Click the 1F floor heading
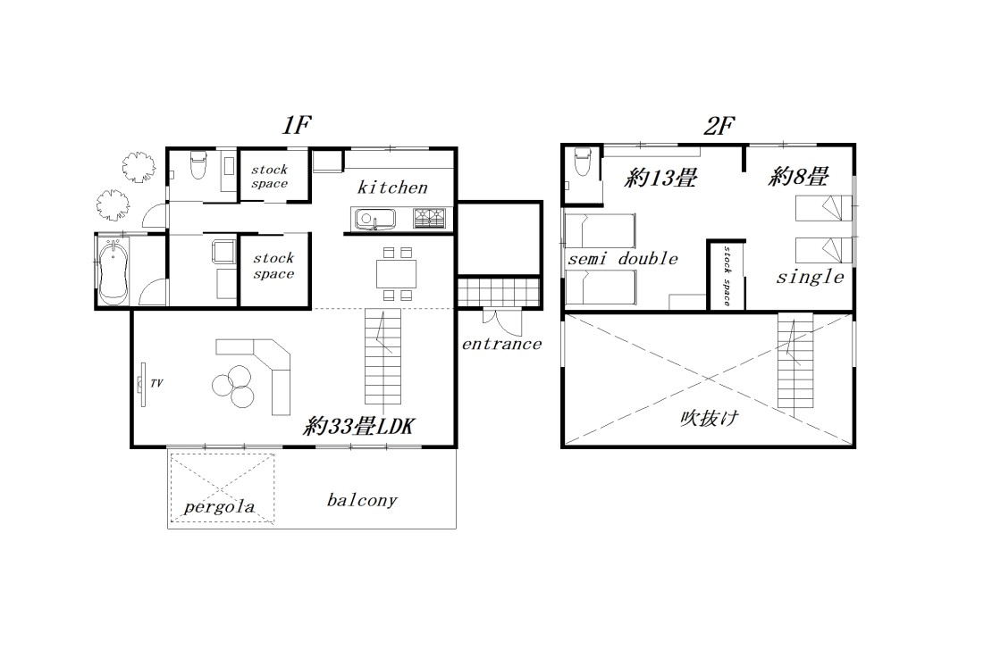pos(297,125)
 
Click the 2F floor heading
pos(719,126)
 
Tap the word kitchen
pos(392,187)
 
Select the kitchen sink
pos(374,219)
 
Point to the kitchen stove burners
pos(430,219)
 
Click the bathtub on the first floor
pos(113,272)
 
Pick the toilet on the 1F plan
pos(198,163)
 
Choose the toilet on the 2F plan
pos(582,162)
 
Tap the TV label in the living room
pos(156,383)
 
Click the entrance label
pos(501,344)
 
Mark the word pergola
pos(219,506)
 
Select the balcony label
pos(362,500)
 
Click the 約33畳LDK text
pos(358,426)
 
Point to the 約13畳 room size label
pos(660,178)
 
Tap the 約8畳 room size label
pos(798,177)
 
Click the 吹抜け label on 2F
pos(710,417)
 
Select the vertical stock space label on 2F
pos(727,276)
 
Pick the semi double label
pos(623,258)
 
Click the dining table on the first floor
pos(397,274)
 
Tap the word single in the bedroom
pos(811,277)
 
